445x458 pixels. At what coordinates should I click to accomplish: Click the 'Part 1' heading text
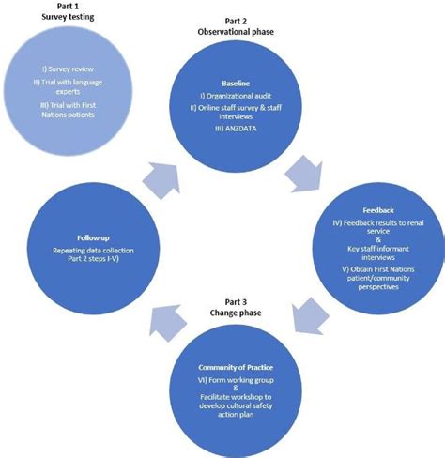click(x=62, y=6)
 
